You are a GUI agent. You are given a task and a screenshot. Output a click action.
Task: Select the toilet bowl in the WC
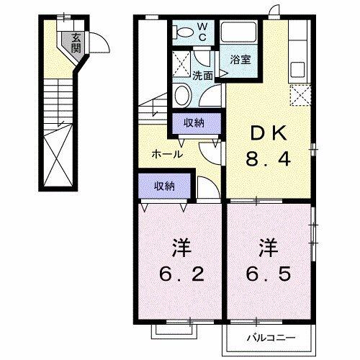pos(184,32)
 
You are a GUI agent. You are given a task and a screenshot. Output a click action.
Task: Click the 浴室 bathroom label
pos(240,60)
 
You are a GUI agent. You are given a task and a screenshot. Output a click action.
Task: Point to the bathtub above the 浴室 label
pos(241,34)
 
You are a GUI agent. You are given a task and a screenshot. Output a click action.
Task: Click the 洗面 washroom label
pos(202,75)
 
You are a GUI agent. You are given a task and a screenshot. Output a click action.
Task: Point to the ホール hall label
pos(166,154)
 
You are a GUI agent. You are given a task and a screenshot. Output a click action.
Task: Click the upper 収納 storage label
pos(192,122)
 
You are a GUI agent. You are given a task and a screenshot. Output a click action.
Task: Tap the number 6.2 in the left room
pos(180,274)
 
